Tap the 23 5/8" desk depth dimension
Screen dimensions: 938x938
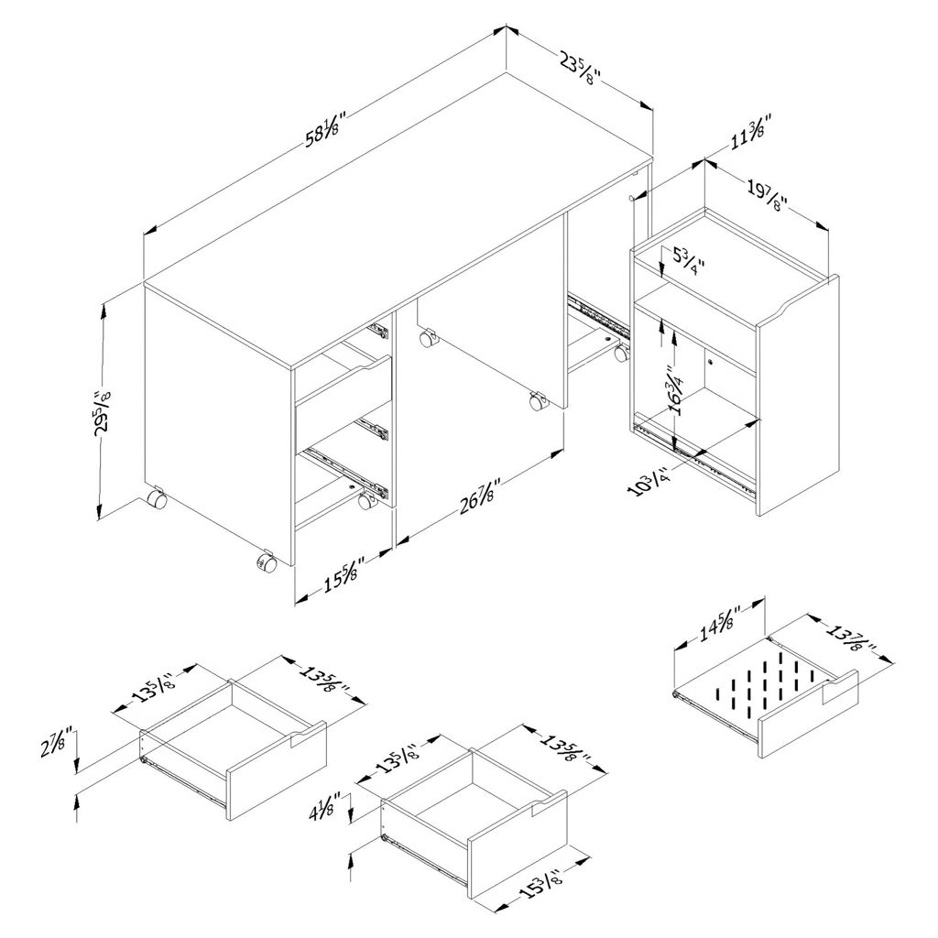[580, 68]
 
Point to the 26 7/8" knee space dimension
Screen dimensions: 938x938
[478, 499]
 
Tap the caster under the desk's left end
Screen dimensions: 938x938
[157, 497]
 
